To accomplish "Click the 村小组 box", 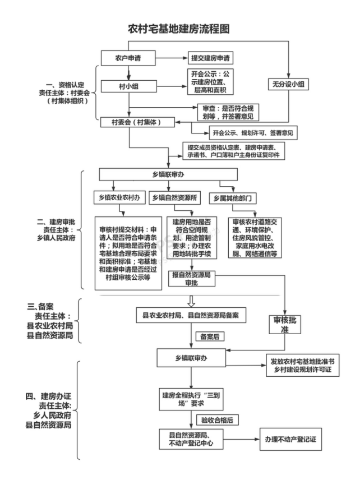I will point(128,86).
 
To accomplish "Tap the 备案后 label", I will point(209,336).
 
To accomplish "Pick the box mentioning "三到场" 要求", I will point(190,398).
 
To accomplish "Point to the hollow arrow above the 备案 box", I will point(190,302).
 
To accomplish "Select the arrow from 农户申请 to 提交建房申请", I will point(174,58).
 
